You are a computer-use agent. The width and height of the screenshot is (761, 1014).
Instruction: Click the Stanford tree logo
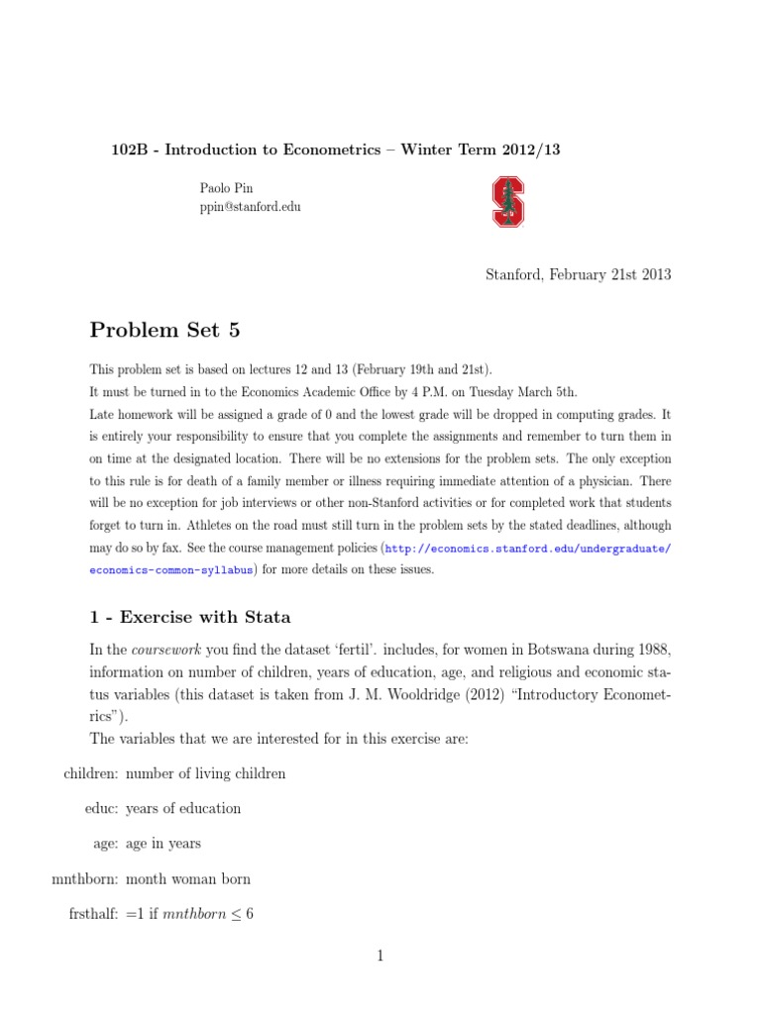pyautogui.click(x=508, y=201)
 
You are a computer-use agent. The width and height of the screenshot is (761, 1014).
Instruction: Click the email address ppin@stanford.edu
pyautogui.click(x=250, y=207)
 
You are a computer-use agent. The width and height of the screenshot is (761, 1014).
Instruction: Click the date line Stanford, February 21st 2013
pyautogui.click(x=578, y=274)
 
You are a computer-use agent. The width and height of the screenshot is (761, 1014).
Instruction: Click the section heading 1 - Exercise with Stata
pyautogui.click(x=190, y=617)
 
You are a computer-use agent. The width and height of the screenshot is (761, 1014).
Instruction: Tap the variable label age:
pyautogui.click(x=107, y=844)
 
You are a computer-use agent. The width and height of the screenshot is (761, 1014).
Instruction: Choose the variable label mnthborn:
pyautogui.click(x=85, y=878)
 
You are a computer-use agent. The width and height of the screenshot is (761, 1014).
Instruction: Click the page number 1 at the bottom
pyautogui.click(x=380, y=956)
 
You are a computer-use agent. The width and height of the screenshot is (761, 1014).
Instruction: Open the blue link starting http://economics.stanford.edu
pyautogui.click(x=528, y=549)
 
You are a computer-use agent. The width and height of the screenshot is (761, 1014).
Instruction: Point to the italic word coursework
pyautogui.click(x=164, y=649)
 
